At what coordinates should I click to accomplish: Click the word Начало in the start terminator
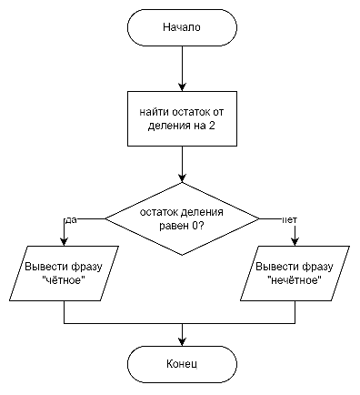[182, 27]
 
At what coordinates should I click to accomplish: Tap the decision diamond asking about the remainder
[182, 218]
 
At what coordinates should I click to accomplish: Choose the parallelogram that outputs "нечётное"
[296, 274]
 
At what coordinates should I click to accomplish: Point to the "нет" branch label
[290, 220]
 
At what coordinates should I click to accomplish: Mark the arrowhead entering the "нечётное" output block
[296, 243]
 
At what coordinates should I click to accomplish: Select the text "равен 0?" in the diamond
[182, 226]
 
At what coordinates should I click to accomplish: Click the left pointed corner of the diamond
[107, 218]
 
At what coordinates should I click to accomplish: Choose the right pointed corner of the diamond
[258, 218]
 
